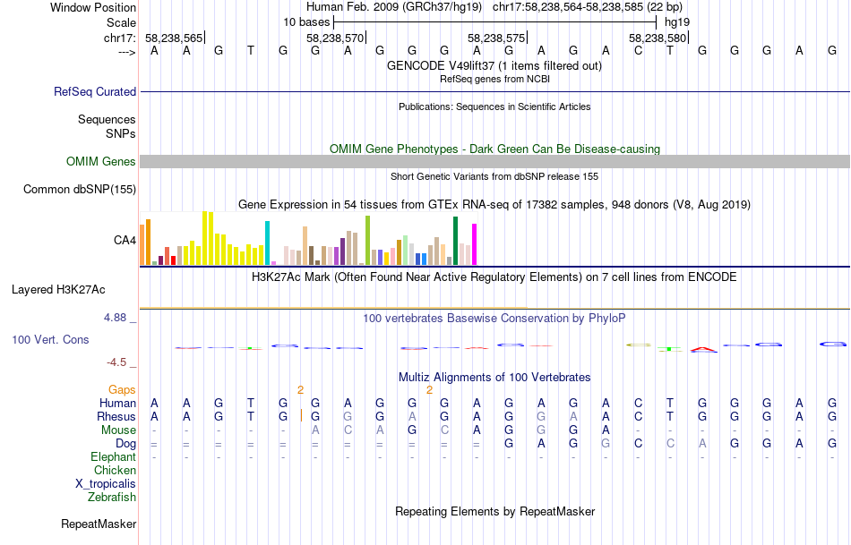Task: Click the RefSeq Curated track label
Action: tap(95, 91)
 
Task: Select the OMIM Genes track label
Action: tap(101, 161)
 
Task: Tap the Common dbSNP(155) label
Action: tap(80, 189)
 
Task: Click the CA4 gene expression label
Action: tap(125, 240)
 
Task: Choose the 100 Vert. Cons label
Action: tap(50, 340)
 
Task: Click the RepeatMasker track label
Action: tap(99, 524)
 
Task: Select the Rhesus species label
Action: tap(116, 416)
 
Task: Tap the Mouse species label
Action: tap(119, 430)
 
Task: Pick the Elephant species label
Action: tap(114, 456)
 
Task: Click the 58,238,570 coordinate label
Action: tap(335, 38)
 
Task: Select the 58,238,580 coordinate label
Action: tap(658, 38)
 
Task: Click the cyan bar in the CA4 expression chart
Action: tap(267, 243)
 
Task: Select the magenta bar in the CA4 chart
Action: tap(474, 243)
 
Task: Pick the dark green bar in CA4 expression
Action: tap(455, 241)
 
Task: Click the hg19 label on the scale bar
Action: tap(676, 21)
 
